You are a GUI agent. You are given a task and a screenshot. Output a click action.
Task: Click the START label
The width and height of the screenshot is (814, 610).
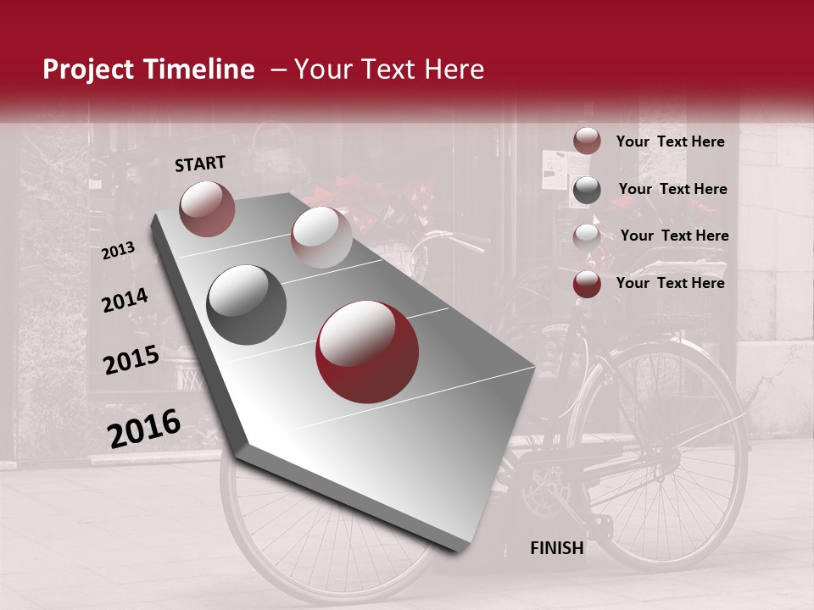coord(200,164)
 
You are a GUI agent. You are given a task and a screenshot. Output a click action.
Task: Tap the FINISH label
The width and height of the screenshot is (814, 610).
coord(556,548)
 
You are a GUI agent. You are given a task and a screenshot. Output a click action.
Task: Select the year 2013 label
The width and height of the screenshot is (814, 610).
coord(119,250)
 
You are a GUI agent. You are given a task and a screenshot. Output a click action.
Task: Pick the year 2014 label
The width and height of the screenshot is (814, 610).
coord(125,301)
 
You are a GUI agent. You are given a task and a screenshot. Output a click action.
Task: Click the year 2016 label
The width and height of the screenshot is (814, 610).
coord(144,429)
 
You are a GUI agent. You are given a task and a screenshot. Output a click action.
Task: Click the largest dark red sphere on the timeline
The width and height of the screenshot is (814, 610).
coord(367,352)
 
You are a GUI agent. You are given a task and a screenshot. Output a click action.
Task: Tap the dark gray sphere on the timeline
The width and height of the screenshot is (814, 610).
coord(247,305)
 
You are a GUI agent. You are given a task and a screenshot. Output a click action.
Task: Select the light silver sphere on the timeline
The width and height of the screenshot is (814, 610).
coord(321,237)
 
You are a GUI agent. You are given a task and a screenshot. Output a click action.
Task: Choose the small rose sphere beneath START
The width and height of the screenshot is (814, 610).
coord(207,208)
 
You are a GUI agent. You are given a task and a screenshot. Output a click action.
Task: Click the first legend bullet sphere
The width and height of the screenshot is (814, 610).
coord(587,141)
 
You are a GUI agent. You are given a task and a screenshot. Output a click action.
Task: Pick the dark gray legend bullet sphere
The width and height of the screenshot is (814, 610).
coord(587,190)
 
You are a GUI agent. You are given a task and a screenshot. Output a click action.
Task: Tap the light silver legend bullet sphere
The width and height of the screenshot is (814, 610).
coord(587,236)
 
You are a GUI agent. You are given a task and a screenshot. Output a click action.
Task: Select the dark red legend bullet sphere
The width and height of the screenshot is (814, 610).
coord(587,284)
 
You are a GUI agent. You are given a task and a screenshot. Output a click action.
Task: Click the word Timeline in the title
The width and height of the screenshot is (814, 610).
coord(195,69)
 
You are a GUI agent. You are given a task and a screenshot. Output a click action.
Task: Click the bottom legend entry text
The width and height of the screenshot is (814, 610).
coord(670,283)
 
